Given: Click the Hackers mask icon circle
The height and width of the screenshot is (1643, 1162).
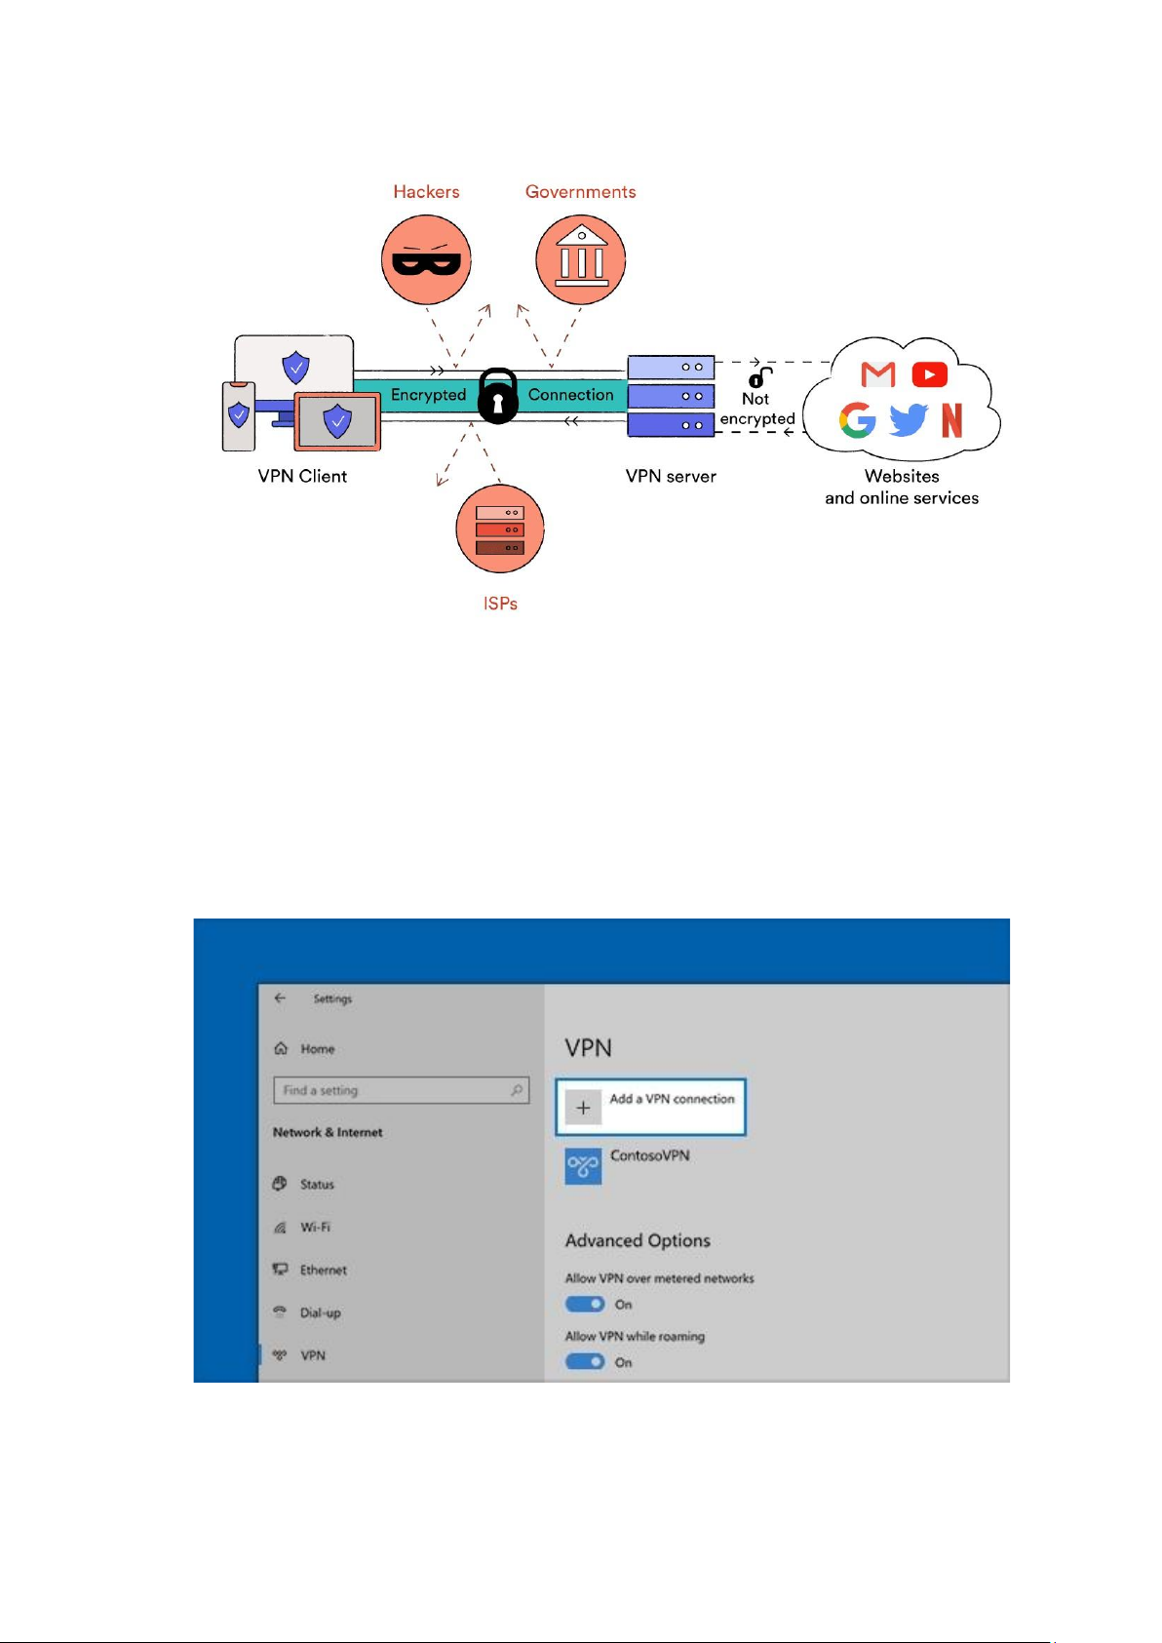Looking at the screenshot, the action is [426, 259].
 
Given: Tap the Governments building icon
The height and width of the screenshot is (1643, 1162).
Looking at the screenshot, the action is [581, 256].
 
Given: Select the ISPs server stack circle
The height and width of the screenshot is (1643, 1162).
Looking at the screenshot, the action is [500, 528].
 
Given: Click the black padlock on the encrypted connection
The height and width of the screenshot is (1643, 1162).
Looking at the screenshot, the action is [498, 396].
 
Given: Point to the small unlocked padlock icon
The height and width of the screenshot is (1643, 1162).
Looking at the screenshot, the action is [759, 377].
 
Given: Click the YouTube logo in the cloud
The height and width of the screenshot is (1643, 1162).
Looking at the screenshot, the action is [929, 374].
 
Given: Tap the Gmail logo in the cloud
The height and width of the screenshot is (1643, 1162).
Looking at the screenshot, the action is [877, 374].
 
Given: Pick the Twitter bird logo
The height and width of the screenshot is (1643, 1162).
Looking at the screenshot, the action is [909, 419].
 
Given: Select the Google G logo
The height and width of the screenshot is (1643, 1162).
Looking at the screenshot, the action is [858, 420].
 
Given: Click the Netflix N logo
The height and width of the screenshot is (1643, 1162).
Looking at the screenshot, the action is [951, 420].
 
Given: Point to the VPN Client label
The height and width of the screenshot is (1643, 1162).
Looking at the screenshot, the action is [302, 476].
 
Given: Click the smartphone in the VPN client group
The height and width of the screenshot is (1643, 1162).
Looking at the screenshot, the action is [239, 416].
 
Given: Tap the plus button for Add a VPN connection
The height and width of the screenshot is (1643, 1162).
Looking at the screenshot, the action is [583, 1108].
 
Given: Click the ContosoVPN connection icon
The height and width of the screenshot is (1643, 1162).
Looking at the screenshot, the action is [583, 1166].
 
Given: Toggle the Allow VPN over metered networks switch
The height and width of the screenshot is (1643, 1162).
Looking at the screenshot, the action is [585, 1304].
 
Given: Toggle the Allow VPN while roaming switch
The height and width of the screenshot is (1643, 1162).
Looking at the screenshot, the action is [585, 1362].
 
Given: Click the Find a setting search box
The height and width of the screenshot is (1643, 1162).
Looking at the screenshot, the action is [401, 1090].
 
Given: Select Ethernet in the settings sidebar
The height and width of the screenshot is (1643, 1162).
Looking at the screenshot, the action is [324, 1270].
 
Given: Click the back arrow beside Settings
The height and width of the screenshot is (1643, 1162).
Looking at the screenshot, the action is [280, 998].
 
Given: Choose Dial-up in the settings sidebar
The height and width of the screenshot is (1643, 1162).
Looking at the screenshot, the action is [321, 1312].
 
